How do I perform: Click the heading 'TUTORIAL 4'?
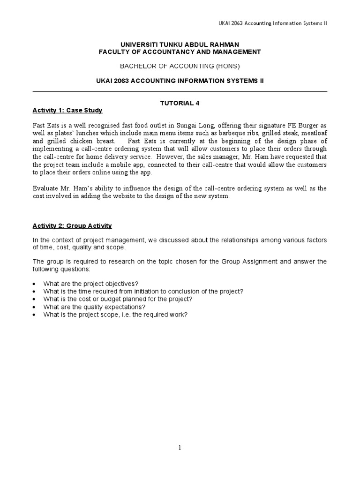click(180, 104)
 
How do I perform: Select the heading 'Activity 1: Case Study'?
click(67, 111)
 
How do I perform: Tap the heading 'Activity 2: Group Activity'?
click(72, 226)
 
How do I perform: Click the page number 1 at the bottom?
click(180, 448)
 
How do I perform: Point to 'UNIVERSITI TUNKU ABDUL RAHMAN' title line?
click(180, 44)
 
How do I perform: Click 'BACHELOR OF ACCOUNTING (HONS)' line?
click(180, 66)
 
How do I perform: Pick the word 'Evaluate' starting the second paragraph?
click(45, 188)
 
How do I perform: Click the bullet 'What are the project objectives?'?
click(91, 284)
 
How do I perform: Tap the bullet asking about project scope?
click(115, 315)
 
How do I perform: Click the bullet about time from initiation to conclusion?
click(143, 292)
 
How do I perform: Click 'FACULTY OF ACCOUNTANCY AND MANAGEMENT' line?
click(180, 52)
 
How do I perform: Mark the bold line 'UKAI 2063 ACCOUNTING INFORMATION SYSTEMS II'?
click(180, 81)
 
